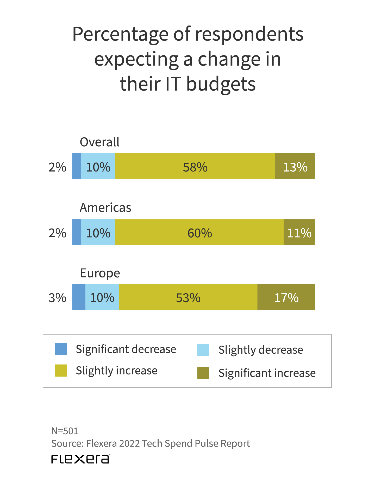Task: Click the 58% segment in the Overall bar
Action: (x=195, y=166)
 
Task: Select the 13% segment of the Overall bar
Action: (x=295, y=166)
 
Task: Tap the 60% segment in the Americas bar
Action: (x=199, y=232)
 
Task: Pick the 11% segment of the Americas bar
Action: (x=299, y=232)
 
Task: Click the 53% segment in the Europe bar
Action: (x=188, y=297)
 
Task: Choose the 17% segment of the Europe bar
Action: (x=286, y=297)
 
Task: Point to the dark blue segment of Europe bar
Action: (x=79, y=297)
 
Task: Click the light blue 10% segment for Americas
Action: (x=98, y=232)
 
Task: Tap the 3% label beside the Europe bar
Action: (x=57, y=297)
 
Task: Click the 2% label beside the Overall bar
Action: (x=57, y=167)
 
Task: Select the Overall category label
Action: (x=99, y=142)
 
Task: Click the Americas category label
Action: (x=105, y=208)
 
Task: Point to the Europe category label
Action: (x=100, y=273)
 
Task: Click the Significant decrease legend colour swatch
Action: (x=61, y=349)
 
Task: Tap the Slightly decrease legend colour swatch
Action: (x=203, y=350)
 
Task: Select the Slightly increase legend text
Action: (x=116, y=371)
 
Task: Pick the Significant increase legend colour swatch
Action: (x=203, y=373)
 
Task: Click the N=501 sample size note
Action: (x=65, y=431)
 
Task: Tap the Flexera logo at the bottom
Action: (x=80, y=459)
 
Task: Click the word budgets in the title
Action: (x=221, y=84)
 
